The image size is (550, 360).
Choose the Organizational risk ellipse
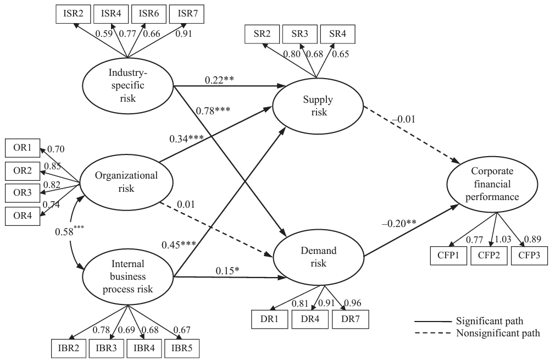[x=126, y=182]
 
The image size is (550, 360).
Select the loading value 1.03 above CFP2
[x=503, y=238]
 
